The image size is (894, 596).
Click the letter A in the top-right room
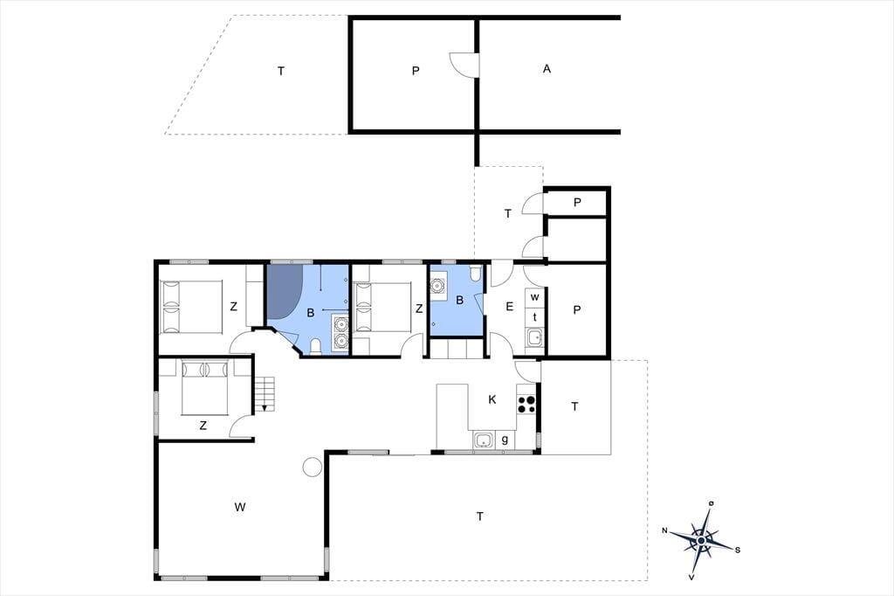(x=547, y=69)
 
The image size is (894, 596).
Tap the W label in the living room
(x=240, y=506)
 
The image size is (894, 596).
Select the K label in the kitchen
(x=492, y=399)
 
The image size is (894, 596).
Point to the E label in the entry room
(x=509, y=307)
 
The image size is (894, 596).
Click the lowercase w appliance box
(x=535, y=298)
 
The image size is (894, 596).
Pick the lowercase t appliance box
(x=535, y=317)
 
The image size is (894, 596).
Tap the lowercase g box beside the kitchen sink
(x=505, y=440)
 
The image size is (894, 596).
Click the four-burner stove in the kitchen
(x=526, y=405)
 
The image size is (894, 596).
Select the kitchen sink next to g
(x=484, y=440)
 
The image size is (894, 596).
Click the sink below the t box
(x=535, y=337)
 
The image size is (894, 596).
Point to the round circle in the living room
(x=312, y=467)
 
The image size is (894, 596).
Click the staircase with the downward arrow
(x=265, y=393)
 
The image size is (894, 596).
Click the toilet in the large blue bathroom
(x=316, y=346)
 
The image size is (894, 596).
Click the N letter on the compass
(x=664, y=530)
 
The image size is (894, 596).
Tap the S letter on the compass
(x=737, y=550)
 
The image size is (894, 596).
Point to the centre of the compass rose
(x=702, y=539)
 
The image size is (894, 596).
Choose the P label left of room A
(x=416, y=71)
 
